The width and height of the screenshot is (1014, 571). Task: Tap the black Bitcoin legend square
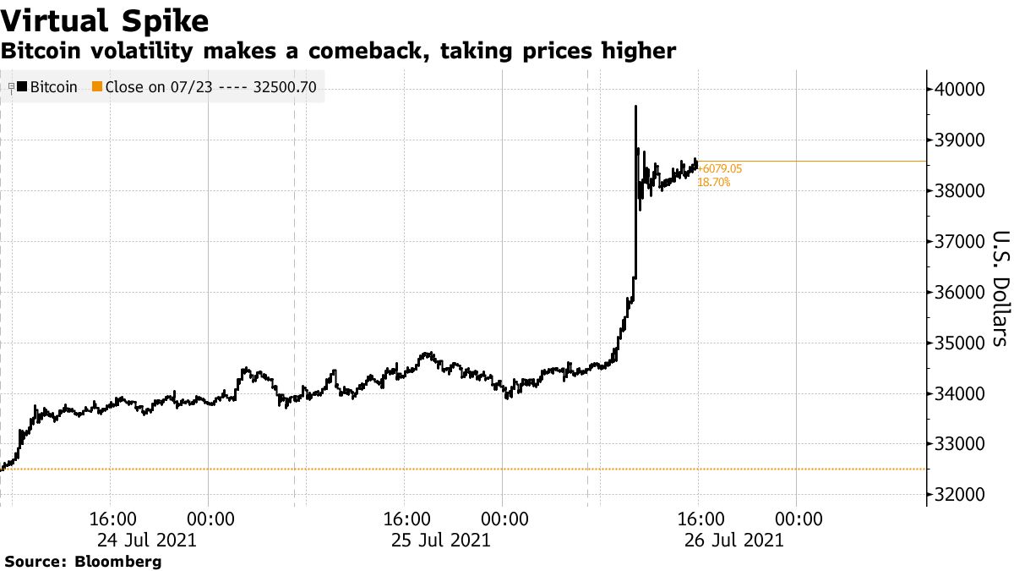click(x=22, y=86)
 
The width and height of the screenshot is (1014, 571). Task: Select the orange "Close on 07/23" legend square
click(x=97, y=86)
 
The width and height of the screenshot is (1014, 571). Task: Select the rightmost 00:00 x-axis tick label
click(x=797, y=518)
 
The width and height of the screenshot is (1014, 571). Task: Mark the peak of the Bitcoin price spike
click(x=635, y=107)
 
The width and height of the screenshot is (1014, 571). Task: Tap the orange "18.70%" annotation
click(x=714, y=182)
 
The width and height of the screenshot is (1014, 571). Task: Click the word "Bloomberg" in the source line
click(x=118, y=561)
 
